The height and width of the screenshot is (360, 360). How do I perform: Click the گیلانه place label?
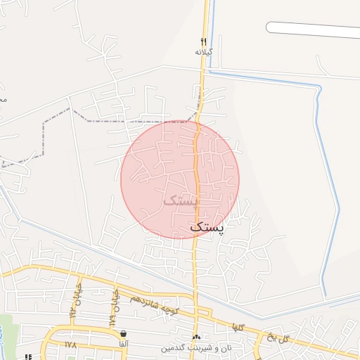click(202, 52)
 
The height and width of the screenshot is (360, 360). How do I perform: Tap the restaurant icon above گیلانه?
click(203, 42)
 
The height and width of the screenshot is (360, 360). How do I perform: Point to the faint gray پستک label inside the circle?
click(181, 200)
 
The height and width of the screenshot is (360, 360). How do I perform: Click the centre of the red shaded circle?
click(180, 179)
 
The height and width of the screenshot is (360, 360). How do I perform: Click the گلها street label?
click(237, 328)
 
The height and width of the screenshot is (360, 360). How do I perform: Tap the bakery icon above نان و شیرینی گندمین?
click(196, 337)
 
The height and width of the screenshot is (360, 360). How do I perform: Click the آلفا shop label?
click(124, 344)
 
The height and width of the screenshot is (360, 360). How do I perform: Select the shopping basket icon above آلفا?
click(124, 334)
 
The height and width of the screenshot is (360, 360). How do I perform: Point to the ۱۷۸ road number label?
click(70, 345)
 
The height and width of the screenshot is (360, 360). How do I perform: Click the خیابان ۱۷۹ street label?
click(113, 307)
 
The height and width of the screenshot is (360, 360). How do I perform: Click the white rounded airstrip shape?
click(312, 30)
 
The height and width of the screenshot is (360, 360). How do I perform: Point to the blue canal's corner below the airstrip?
click(319, 86)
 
